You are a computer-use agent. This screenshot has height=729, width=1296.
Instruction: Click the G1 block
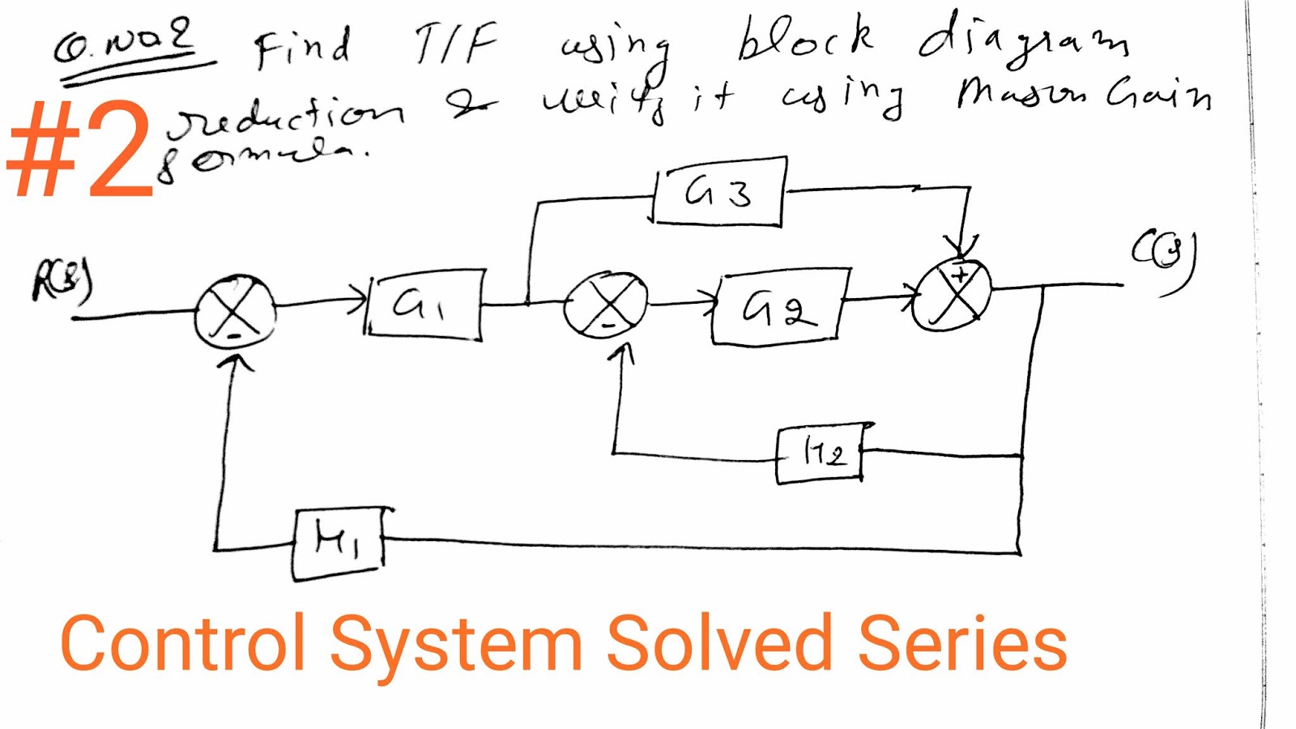coord(424,305)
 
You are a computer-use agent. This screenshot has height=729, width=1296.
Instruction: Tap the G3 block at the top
coord(718,192)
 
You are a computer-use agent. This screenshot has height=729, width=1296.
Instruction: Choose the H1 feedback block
coord(337,544)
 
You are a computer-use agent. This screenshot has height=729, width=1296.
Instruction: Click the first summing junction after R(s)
coord(235,311)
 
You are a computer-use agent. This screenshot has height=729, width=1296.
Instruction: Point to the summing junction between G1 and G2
coord(606,305)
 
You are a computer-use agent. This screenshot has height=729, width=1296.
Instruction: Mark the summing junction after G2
coord(953,294)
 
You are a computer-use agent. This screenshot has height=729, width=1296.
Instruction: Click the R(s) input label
coord(62,280)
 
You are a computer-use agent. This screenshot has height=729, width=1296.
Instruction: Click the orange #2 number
coord(81,150)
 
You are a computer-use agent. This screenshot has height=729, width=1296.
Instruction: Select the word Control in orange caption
coord(183,644)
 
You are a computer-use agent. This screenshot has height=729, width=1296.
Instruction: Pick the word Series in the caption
coord(962,644)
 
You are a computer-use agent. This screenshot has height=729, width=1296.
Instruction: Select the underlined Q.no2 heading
coord(126,45)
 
